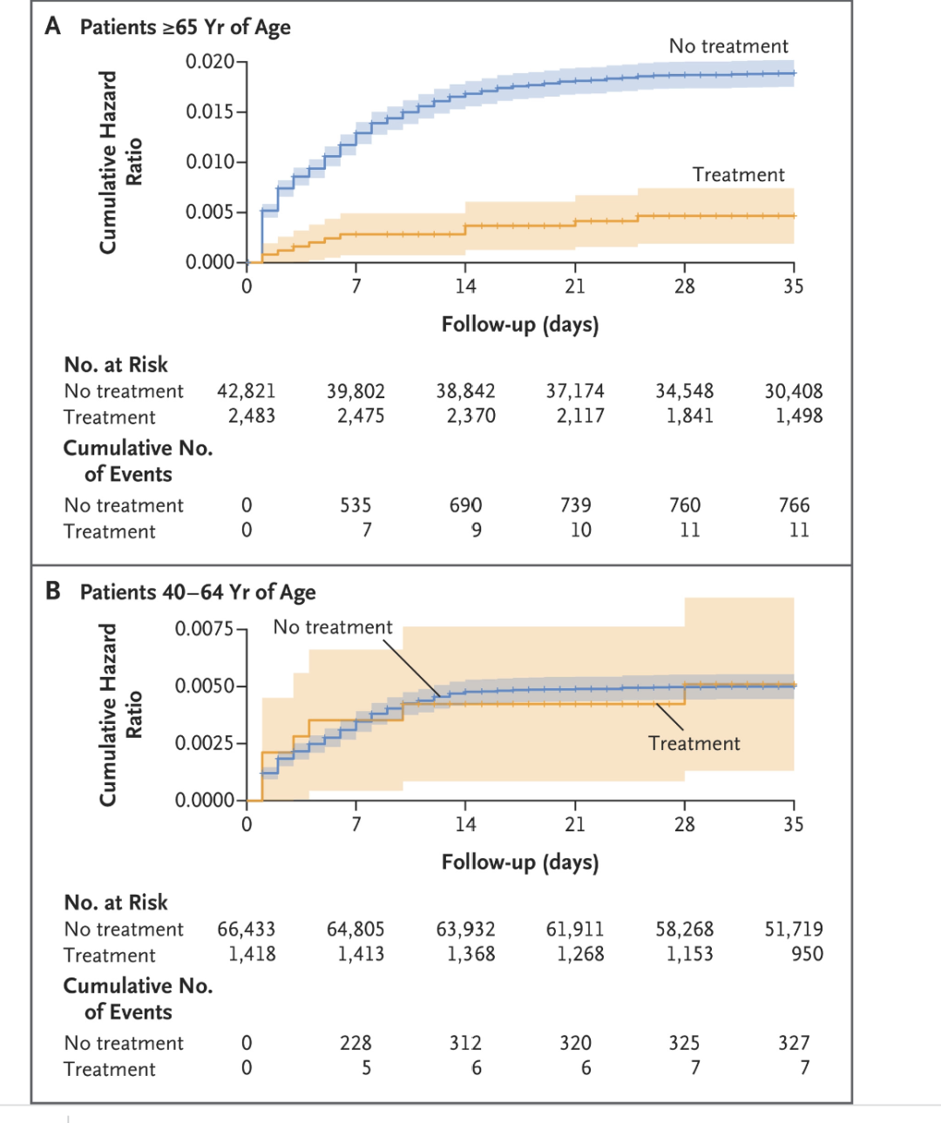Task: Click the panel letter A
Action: (53, 26)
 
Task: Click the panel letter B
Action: (53, 591)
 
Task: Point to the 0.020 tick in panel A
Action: (210, 62)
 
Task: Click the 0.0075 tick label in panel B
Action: (205, 629)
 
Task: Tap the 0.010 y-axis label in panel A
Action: (210, 162)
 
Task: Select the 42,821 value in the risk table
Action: (246, 391)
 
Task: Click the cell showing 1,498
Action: (799, 416)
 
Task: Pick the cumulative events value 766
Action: (794, 505)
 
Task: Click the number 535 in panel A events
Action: (355, 505)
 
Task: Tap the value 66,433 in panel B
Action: (246, 930)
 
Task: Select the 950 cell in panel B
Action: (807, 954)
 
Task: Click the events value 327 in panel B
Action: (794, 1043)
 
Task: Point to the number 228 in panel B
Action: (355, 1043)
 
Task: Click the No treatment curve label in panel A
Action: (728, 46)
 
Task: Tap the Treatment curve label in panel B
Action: (694, 743)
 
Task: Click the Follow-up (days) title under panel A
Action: (520, 325)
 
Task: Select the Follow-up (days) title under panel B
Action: (520, 863)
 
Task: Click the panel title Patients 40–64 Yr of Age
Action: (198, 592)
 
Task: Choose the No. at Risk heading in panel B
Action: (116, 903)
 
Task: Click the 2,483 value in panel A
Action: (252, 416)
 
